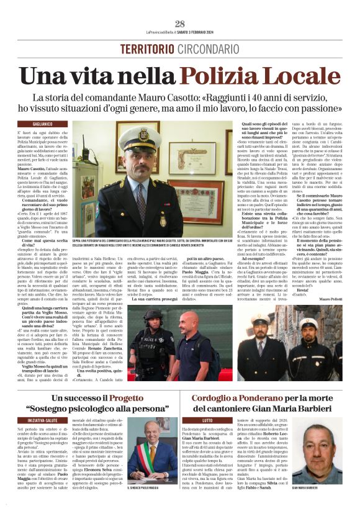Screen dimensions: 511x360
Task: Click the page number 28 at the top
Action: pyautogui.click(x=180, y=24)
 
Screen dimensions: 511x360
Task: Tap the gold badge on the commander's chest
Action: pyautogui.click(x=162, y=221)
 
